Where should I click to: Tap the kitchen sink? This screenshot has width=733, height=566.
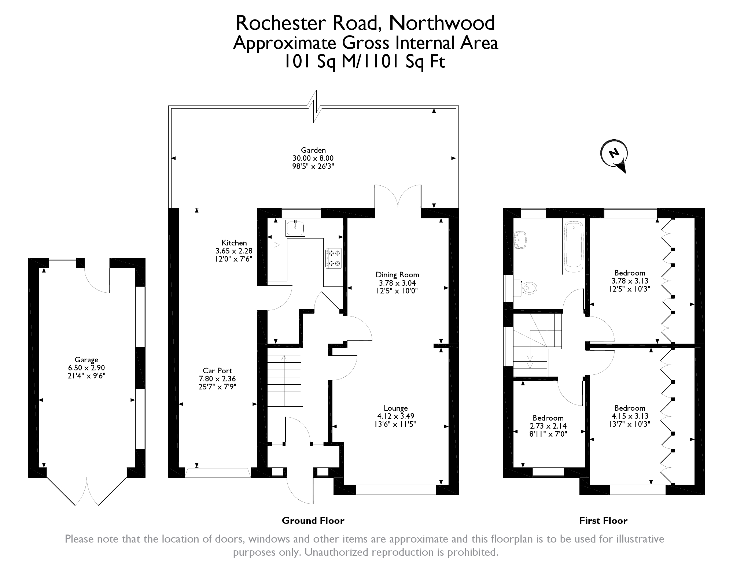click(295, 228)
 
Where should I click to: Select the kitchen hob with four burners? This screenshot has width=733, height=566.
click(334, 258)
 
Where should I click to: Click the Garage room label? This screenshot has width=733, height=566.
click(86, 360)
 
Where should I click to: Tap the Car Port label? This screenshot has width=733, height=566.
click(217, 371)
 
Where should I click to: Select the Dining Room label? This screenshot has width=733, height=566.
click(397, 275)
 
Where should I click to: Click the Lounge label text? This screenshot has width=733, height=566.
click(396, 408)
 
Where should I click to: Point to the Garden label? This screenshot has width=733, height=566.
click(313, 150)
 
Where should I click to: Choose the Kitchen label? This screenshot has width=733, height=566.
click(234, 243)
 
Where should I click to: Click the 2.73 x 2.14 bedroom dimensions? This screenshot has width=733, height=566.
click(548, 426)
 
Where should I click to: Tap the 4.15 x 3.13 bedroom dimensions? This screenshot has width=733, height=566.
click(630, 416)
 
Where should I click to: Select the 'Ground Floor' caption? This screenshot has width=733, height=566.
click(313, 521)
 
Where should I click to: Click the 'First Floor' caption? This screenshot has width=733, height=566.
click(603, 521)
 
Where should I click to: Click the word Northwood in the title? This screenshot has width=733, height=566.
click(442, 23)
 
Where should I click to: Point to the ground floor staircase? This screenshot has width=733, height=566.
click(284, 377)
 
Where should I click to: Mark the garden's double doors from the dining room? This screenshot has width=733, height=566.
click(398, 197)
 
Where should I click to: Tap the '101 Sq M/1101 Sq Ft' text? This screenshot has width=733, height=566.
click(365, 62)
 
